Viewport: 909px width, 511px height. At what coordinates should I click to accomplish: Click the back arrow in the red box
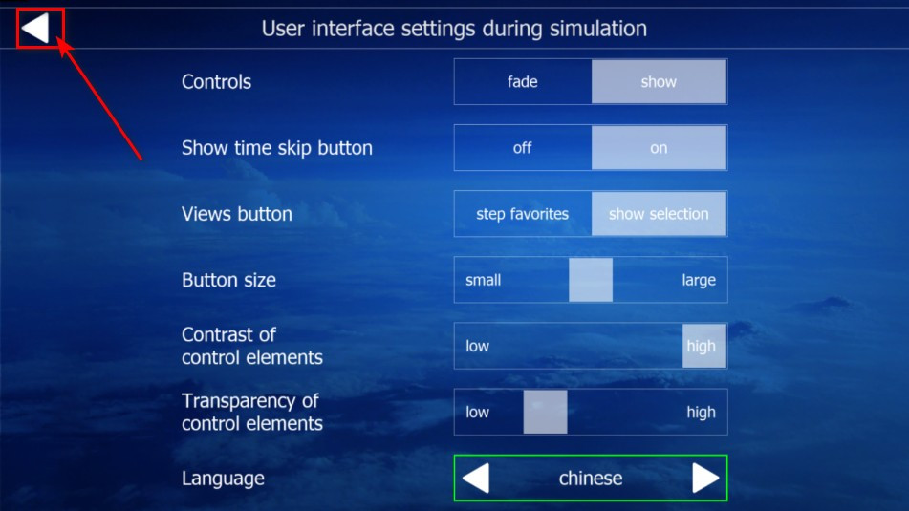pos(36,28)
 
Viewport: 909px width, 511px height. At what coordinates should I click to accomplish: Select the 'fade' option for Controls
pos(522,82)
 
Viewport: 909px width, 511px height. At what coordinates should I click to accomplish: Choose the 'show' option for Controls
pos(659,82)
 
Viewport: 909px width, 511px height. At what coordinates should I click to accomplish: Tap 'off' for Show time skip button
pos(522,148)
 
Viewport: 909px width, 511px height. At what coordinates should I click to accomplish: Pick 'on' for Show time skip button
pos(659,148)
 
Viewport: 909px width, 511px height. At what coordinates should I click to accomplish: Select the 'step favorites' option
pos(522,214)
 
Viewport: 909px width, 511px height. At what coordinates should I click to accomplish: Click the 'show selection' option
pos(659,214)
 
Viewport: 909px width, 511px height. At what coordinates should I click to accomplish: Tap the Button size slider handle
pos(590,280)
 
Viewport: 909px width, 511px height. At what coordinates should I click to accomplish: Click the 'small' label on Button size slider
pos(483,281)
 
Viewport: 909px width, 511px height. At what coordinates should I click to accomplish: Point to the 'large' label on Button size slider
pos(699,281)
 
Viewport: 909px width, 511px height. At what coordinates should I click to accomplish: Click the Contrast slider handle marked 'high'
pos(703,346)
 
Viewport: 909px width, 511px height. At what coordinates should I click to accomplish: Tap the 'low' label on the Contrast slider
pos(477,347)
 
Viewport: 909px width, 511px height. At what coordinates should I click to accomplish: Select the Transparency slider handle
pos(545,412)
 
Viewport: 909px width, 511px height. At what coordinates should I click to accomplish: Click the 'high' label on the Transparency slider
pos(701,413)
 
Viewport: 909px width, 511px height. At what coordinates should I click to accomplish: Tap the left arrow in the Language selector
pos(476,478)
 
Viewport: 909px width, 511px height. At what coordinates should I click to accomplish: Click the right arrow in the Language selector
pos(705,478)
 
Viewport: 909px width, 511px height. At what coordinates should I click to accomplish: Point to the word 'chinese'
pos(591,478)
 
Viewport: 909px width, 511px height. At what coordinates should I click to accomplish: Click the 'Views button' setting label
pos(236,214)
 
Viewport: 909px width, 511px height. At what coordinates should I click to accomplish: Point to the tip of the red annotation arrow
pos(58,37)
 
